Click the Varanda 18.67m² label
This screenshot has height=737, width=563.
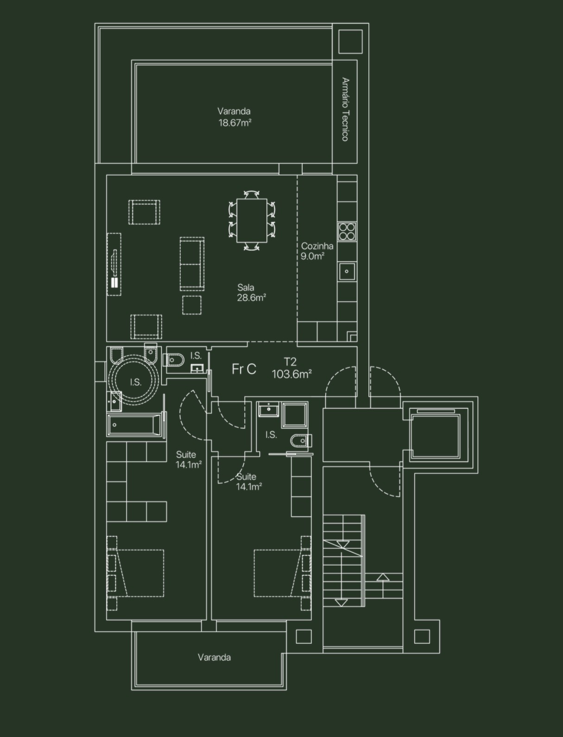coord(234,117)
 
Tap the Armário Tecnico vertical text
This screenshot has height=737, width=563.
coord(345,109)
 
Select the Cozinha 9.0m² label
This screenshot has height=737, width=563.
coord(316,251)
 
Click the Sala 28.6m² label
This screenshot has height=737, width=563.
coord(251,292)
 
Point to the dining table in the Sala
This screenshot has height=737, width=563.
coord(252,220)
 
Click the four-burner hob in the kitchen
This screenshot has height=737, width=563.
coord(347,231)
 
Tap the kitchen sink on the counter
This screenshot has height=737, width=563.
coord(347,271)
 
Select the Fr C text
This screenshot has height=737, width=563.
coord(244,369)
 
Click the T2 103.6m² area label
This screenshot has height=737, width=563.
coord(291,368)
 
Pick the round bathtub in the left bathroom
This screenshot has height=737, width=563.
coord(134,381)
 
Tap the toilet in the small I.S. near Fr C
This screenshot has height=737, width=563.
coord(175,359)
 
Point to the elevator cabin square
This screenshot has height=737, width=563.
coord(435,436)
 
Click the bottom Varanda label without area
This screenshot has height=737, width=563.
coord(214,657)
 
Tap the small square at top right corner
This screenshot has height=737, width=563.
coord(350,42)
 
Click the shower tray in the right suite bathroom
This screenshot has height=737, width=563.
coord(295,414)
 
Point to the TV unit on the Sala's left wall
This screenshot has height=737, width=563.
coord(114,264)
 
